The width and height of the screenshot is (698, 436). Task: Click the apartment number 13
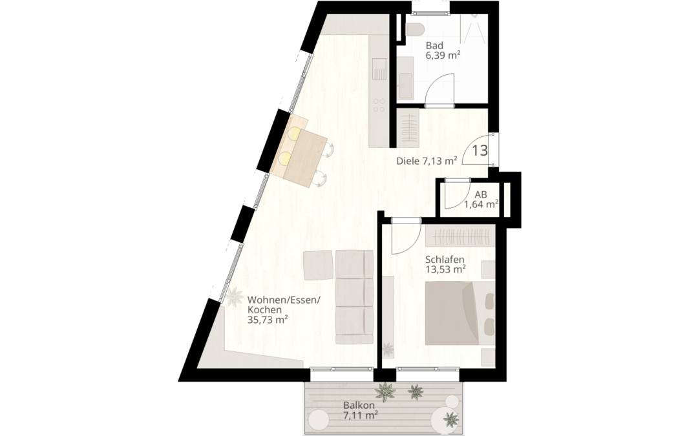coord(480,151)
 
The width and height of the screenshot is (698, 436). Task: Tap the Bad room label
coord(434,46)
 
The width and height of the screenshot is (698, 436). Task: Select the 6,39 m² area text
coord(443,56)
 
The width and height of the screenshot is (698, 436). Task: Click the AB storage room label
coord(480,194)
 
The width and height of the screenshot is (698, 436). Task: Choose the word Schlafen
coord(445,260)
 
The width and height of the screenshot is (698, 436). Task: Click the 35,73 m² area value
coord(268,319)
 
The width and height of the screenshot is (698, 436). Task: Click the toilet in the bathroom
coord(414,28)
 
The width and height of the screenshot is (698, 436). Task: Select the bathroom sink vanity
coord(405,76)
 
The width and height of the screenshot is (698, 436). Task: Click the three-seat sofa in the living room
coord(354,297)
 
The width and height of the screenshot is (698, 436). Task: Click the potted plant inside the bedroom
coord(388,350)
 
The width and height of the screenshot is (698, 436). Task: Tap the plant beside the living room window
coord(231,296)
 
